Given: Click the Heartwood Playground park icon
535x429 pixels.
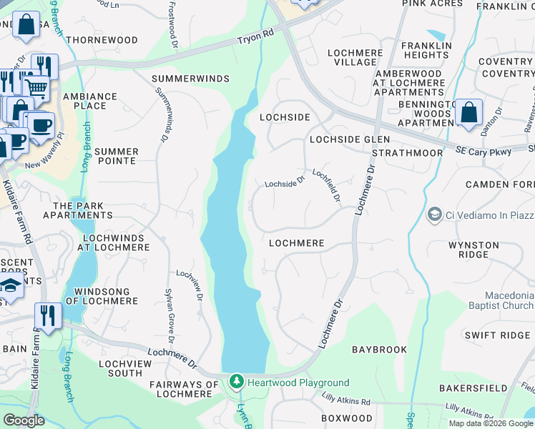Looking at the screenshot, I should (x=237, y=383).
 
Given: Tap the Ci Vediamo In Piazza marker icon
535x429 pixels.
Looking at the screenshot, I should (x=434, y=214).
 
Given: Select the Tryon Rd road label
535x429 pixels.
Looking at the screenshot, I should (x=256, y=37).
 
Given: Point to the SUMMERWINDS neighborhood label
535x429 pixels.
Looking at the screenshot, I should (x=190, y=78).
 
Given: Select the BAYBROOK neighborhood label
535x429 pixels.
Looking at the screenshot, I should (x=379, y=350).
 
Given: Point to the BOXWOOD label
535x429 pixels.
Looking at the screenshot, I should (x=347, y=418).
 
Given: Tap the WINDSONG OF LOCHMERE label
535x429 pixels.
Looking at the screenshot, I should (x=97, y=296).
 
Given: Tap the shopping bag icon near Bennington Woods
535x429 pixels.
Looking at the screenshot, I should (x=468, y=113).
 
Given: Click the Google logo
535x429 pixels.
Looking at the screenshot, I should (x=24, y=420).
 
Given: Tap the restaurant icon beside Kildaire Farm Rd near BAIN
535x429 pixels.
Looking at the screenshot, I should (x=48, y=315).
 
